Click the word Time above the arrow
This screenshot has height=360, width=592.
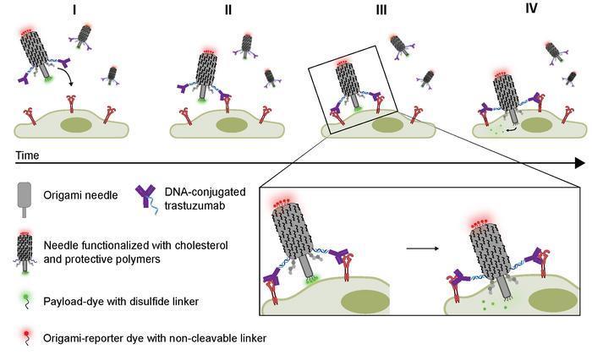coord(27,155)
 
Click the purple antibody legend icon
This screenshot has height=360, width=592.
coord(147,197)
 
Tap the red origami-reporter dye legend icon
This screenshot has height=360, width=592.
coord(26,335)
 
